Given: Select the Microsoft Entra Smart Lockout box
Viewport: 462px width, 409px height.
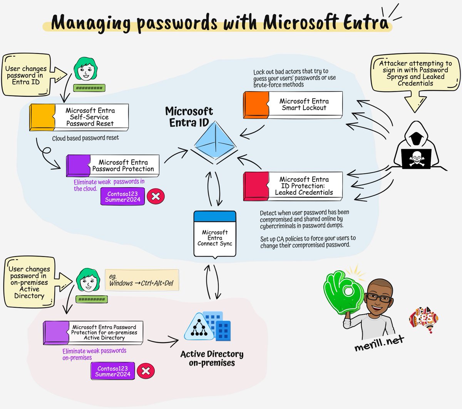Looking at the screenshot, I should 293,105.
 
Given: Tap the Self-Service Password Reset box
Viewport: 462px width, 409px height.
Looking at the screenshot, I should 79,117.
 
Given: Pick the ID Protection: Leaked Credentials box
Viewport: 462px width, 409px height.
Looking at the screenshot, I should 293,186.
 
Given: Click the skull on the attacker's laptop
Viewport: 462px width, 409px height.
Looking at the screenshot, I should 417,158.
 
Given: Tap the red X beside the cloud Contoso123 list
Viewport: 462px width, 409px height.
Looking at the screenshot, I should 156,196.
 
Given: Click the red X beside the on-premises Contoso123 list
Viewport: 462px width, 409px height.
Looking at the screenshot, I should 146,371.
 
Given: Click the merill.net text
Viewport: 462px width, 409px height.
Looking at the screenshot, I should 379,342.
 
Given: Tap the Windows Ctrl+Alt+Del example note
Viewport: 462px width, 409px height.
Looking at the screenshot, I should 141,280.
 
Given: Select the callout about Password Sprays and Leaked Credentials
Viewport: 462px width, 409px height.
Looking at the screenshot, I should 415,73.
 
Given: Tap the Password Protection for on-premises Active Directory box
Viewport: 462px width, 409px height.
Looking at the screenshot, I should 93,332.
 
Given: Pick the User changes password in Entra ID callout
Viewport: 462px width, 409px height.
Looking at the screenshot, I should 26,75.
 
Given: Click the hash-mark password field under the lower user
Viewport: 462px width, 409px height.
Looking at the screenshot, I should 91,299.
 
